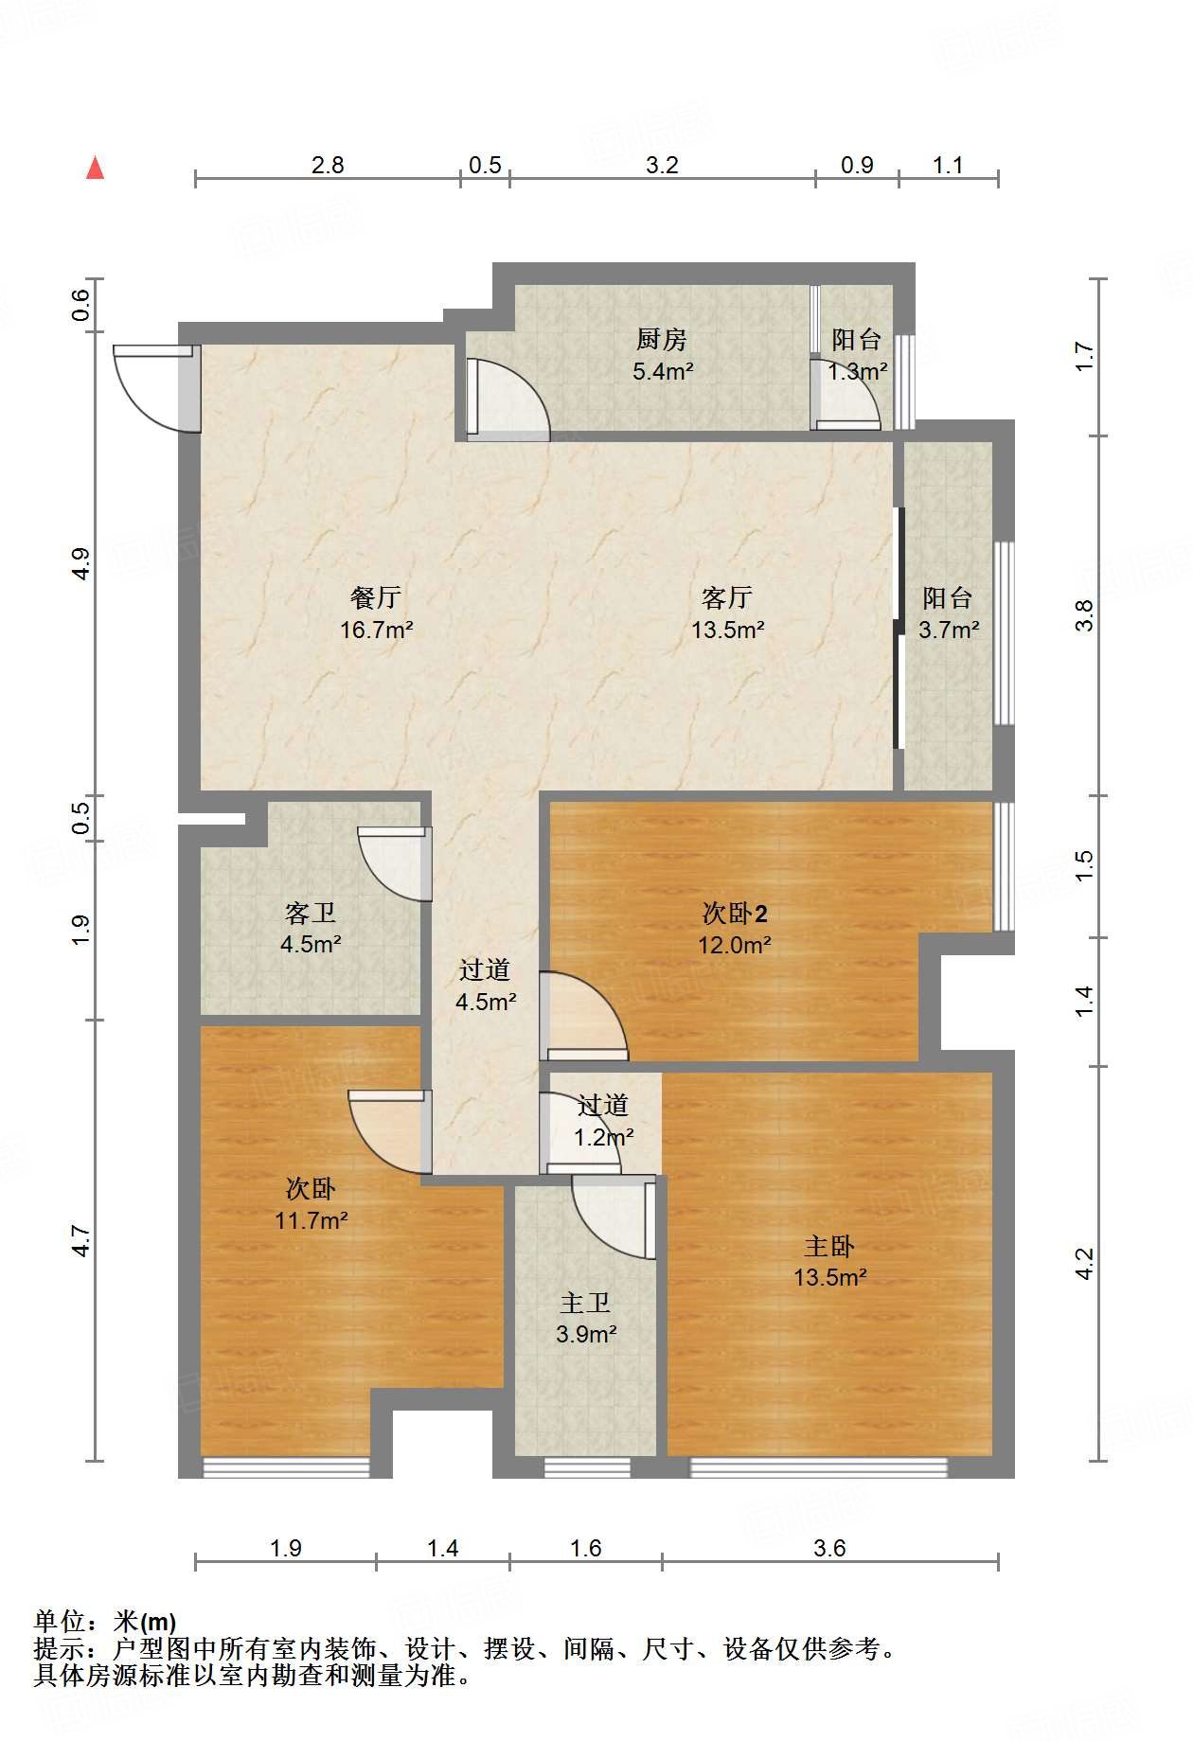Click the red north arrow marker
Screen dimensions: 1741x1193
95,169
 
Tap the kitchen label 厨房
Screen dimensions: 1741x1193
661,339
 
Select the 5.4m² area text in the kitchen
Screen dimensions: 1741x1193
663,371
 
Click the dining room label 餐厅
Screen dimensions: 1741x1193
376,597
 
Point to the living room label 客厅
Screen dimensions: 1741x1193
727,597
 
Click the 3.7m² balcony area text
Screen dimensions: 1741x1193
949,630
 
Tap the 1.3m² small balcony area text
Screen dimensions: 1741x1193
857,372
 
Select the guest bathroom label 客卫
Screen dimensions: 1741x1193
311,913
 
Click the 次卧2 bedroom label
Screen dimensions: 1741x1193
734,913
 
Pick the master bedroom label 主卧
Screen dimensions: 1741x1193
829,1246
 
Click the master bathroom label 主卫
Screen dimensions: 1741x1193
585,1304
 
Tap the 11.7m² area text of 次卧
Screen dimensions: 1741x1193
311,1221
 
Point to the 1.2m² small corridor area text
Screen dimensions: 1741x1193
603,1137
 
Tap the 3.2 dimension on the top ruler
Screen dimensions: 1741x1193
662,166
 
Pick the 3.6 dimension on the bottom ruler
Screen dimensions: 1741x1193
829,1548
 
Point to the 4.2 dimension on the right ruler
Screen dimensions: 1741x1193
1085,1263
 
